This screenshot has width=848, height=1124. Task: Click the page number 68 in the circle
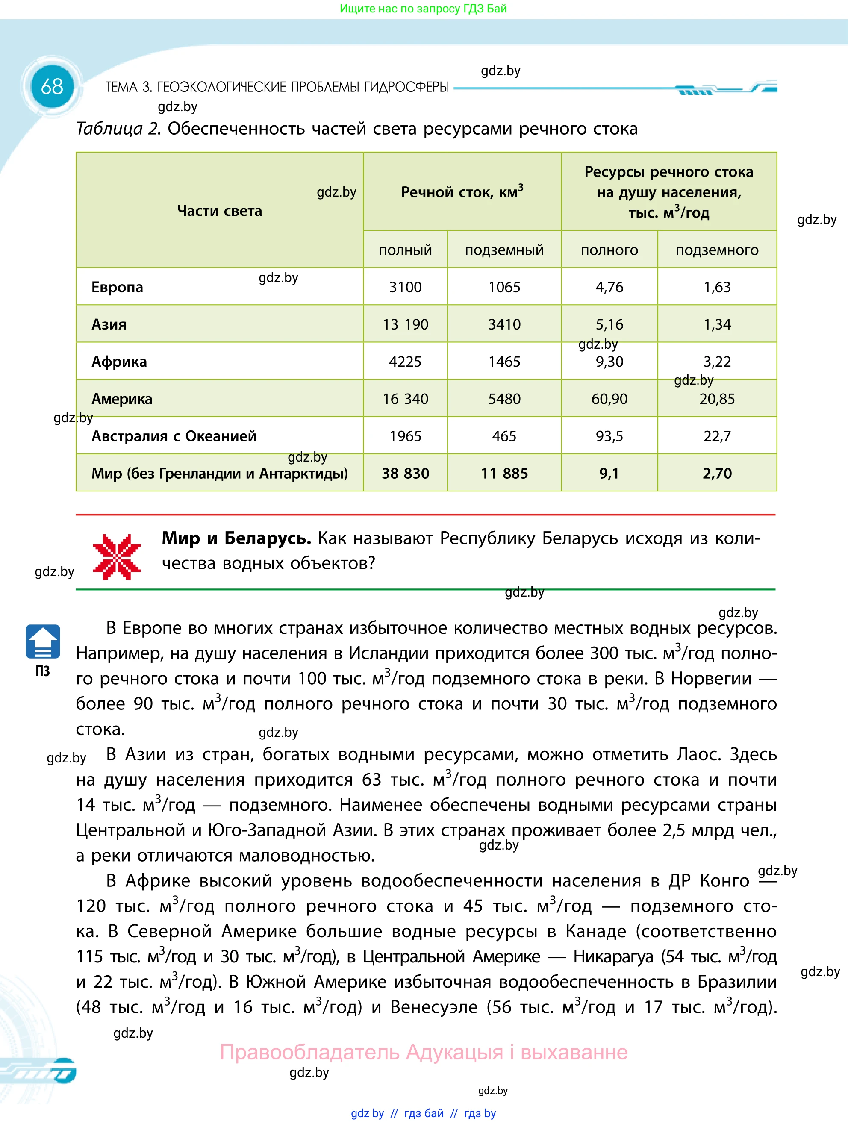pyautogui.click(x=52, y=87)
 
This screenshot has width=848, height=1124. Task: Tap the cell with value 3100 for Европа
pyautogui.click(x=405, y=287)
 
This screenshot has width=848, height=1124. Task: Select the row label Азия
pyautogui.click(x=109, y=324)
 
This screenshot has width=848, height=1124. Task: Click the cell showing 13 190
pyautogui.click(x=405, y=324)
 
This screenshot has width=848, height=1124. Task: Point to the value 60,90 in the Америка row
pyautogui.click(x=609, y=399)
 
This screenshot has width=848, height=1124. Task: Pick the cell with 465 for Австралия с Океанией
pyautogui.click(x=503, y=436)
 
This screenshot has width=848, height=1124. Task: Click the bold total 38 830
pyautogui.click(x=405, y=473)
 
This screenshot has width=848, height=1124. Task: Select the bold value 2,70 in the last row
pyautogui.click(x=716, y=473)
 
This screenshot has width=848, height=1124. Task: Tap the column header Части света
pyautogui.click(x=220, y=210)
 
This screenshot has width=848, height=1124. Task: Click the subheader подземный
pyautogui.click(x=503, y=250)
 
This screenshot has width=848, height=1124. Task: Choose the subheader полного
pyautogui.click(x=609, y=250)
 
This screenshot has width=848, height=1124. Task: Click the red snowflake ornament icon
pyautogui.click(x=117, y=557)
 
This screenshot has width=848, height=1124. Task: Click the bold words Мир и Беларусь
pyautogui.click(x=236, y=538)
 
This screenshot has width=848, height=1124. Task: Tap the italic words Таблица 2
pyautogui.click(x=118, y=129)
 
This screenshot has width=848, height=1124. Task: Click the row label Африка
pyautogui.click(x=119, y=362)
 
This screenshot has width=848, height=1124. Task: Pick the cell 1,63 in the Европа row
pyautogui.click(x=716, y=287)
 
